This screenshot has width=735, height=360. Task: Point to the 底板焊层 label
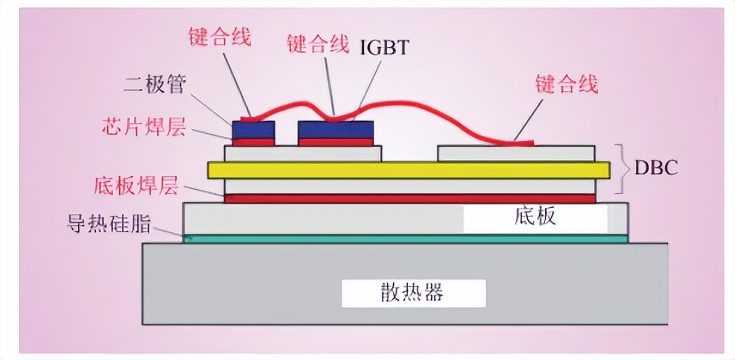pyautogui.click(x=136, y=185)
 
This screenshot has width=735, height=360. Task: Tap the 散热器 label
pyautogui.click(x=414, y=292)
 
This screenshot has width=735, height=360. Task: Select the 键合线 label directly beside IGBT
pyautogui.click(x=318, y=44)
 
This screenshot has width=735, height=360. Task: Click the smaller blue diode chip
pyautogui.click(x=254, y=129)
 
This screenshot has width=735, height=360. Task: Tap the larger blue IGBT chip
pyautogui.click(x=335, y=129)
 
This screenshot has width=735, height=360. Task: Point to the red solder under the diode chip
pyautogui.click(x=254, y=142)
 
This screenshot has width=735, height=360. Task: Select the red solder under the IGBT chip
pyautogui.click(x=335, y=142)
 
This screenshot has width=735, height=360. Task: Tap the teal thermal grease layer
pyautogui.click(x=405, y=239)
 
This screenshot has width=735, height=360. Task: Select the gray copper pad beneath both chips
pyautogui.click(x=303, y=153)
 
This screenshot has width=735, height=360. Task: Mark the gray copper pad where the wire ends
pyautogui.click(x=516, y=153)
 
